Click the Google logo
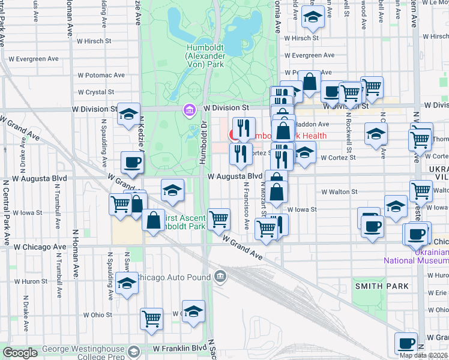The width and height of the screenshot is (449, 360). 20,353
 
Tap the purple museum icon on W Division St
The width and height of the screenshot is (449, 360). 190,110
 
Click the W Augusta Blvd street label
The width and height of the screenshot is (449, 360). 235,176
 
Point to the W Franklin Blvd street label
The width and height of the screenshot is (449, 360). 179,348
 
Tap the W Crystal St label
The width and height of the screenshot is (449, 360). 95,92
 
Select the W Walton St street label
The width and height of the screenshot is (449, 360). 339,192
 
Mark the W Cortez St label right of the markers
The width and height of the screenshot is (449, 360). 338,158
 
